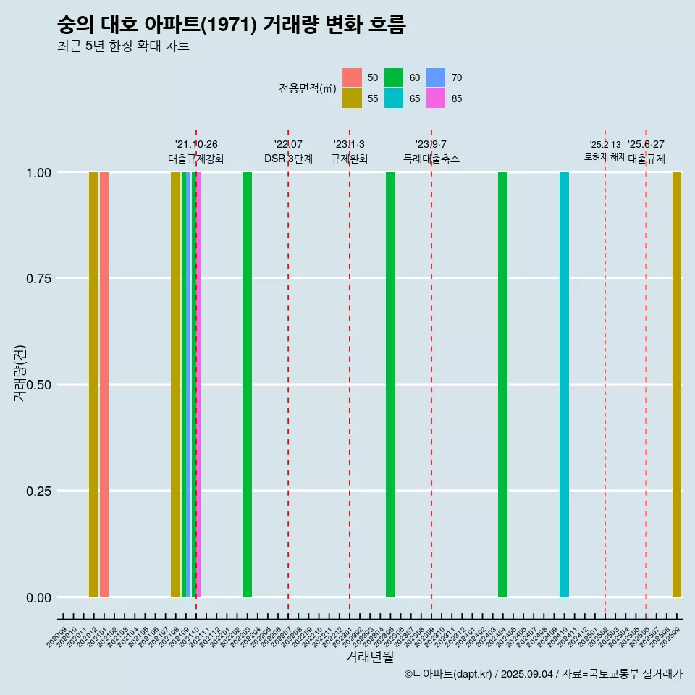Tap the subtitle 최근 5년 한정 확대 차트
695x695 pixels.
click(123, 46)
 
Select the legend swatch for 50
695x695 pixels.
click(352, 77)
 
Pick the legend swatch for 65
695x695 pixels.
click(394, 98)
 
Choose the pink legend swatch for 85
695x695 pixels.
click(436, 98)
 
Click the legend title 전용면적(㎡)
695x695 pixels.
click(308, 88)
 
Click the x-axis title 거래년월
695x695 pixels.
click(369, 657)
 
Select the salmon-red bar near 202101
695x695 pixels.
click(104, 384)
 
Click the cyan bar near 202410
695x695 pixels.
click(564, 384)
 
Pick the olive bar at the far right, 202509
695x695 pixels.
click(677, 384)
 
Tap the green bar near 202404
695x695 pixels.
click(502, 384)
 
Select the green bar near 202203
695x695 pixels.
click(247, 384)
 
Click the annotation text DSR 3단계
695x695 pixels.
click(288, 159)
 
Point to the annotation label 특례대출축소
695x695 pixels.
click(431, 159)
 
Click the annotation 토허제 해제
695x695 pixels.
click(605, 157)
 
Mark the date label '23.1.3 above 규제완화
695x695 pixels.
click(349, 144)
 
